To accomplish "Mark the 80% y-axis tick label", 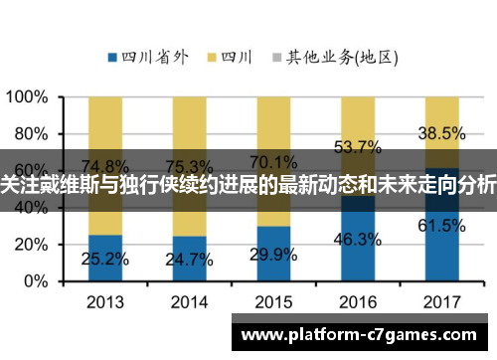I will click(x=31, y=133).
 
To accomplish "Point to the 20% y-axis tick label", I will click(x=31, y=245).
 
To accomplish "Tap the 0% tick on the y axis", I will click(x=36, y=281).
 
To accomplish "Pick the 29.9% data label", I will click(x=275, y=255).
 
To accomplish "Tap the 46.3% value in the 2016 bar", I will click(x=359, y=239).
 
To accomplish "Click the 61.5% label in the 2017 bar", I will click(x=442, y=226).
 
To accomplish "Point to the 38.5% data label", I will click(x=442, y=132).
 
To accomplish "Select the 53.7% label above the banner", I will click(x=359, y=147).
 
